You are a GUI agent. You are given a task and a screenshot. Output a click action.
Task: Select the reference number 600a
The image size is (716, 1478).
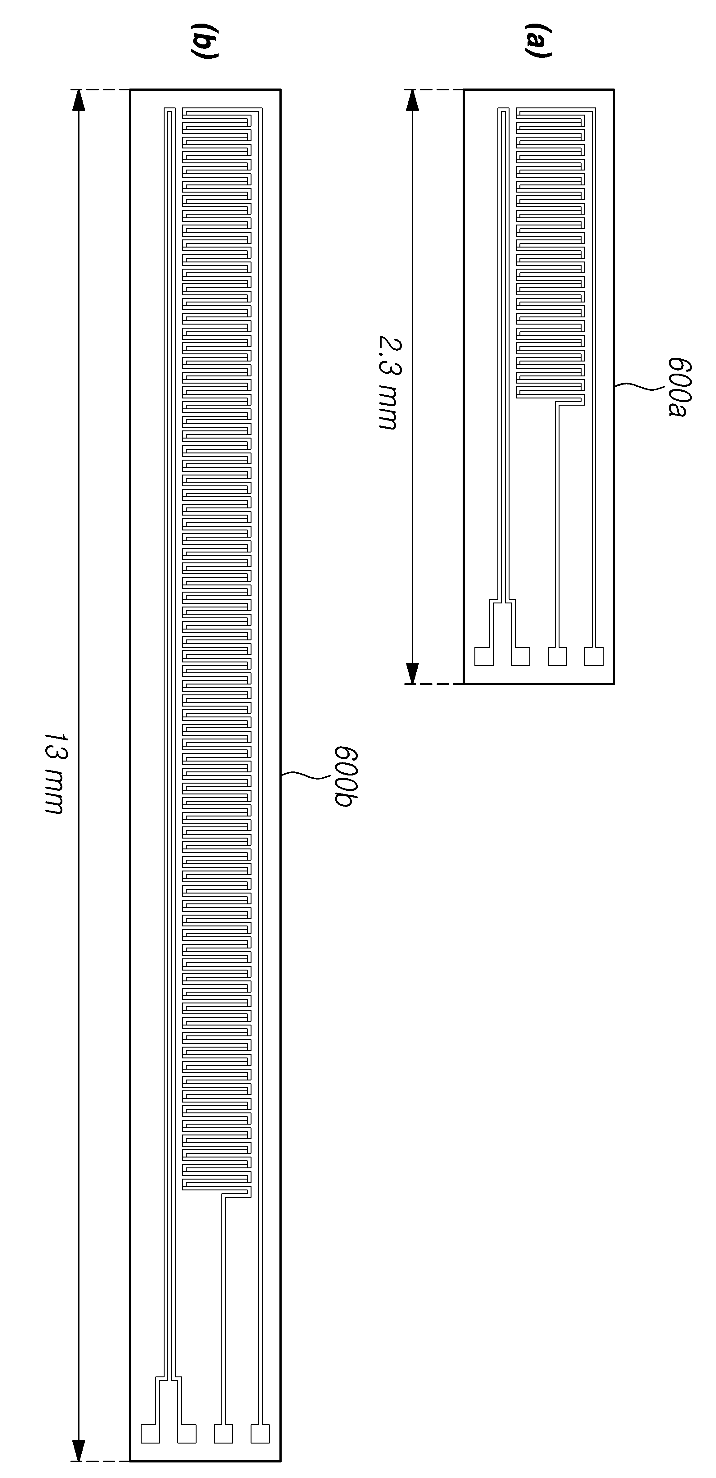click(680, 388)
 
